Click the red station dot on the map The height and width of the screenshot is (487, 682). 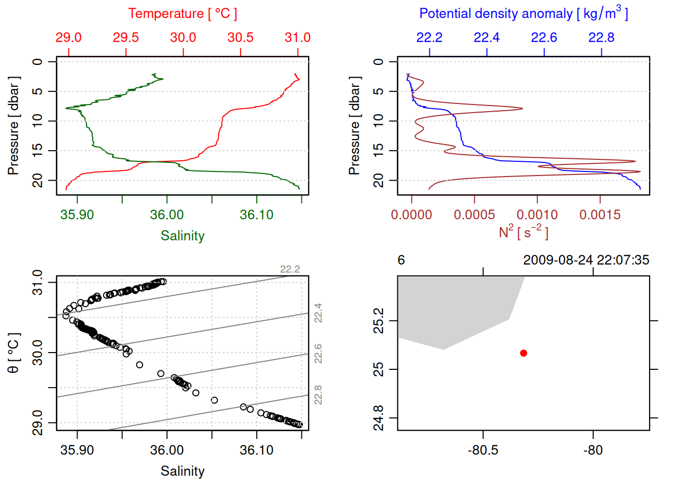point(523,353)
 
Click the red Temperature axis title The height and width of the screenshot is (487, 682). point(182,14)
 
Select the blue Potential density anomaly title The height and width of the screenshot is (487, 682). point(523,13)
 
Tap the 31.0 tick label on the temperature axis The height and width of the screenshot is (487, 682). point(297,38)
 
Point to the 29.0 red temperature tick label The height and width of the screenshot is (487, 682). point(69,38)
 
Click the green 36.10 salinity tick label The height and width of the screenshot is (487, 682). point(256,215)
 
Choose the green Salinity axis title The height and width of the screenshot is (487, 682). point(182,236)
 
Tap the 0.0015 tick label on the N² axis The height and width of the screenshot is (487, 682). point(600,215)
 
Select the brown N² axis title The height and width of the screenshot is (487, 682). point(523,232)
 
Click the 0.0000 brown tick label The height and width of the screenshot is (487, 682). point(412,215)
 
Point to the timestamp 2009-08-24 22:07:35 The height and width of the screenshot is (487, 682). point(586,260)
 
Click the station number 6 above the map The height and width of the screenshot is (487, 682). point(401,260)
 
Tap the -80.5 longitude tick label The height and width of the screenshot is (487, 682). point(483,450)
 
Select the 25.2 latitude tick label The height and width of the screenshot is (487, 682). point(379,321)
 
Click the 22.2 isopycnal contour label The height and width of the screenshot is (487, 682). point(290,269)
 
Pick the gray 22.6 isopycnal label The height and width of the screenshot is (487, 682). point(318,354)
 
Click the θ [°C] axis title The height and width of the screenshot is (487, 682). point(14,353)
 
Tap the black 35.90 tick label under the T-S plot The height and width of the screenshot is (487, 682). point(77,450)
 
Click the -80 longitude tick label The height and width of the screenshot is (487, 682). point(593,450)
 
